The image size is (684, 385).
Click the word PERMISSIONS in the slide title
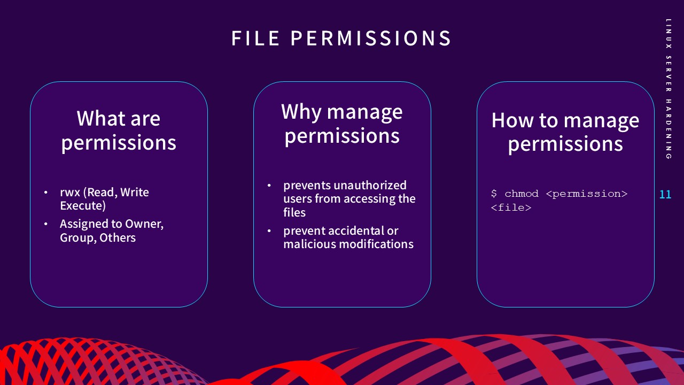coord(371,38)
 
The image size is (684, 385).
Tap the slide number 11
coord(665,195)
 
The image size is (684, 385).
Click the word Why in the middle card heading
coord(301,111)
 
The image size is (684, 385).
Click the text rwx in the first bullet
coord(69,192)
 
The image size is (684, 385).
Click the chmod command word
coord(522,194)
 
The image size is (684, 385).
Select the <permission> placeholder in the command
coord(586,194)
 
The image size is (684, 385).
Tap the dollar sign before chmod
coord(494,194)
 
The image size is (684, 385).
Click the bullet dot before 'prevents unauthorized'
coord(269,186)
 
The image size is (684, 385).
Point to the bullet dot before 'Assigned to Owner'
coord(46,224)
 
